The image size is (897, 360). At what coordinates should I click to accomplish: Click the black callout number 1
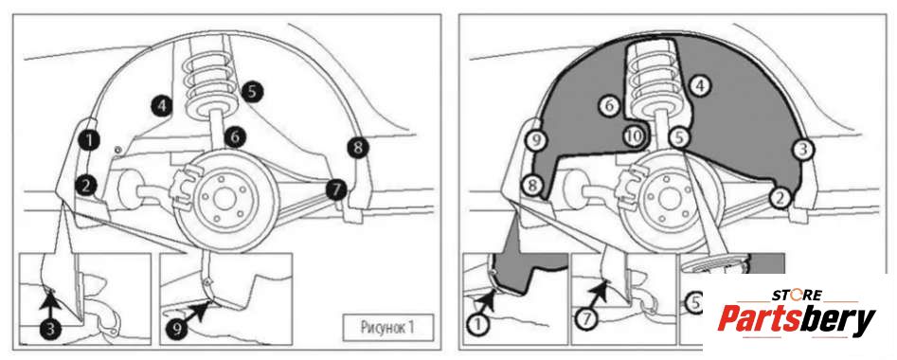click(x=89, y=139)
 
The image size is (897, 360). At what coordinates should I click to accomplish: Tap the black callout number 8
click(x=357, y=148)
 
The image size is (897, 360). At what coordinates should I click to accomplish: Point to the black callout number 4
click(x=163, y=106)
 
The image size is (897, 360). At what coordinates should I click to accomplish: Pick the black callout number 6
click(x=235, y=137)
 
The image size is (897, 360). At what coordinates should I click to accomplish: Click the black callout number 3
click(x=50, y=329)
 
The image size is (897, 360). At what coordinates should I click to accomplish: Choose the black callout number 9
click(x=176, y=329)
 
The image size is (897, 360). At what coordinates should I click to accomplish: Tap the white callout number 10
click(x=635, y=136)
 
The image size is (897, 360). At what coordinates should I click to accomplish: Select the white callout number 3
click(x=802, y=150)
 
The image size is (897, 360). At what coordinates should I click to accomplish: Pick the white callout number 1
click(x=478, y=326)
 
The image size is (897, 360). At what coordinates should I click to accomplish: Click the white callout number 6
click(x=610, y=105)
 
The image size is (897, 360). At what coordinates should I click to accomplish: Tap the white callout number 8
click(x=532, y=186)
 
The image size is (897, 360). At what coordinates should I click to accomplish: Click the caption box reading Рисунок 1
click(x=387, y=328)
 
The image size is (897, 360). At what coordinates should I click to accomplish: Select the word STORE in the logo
click(x=797, y=296)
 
